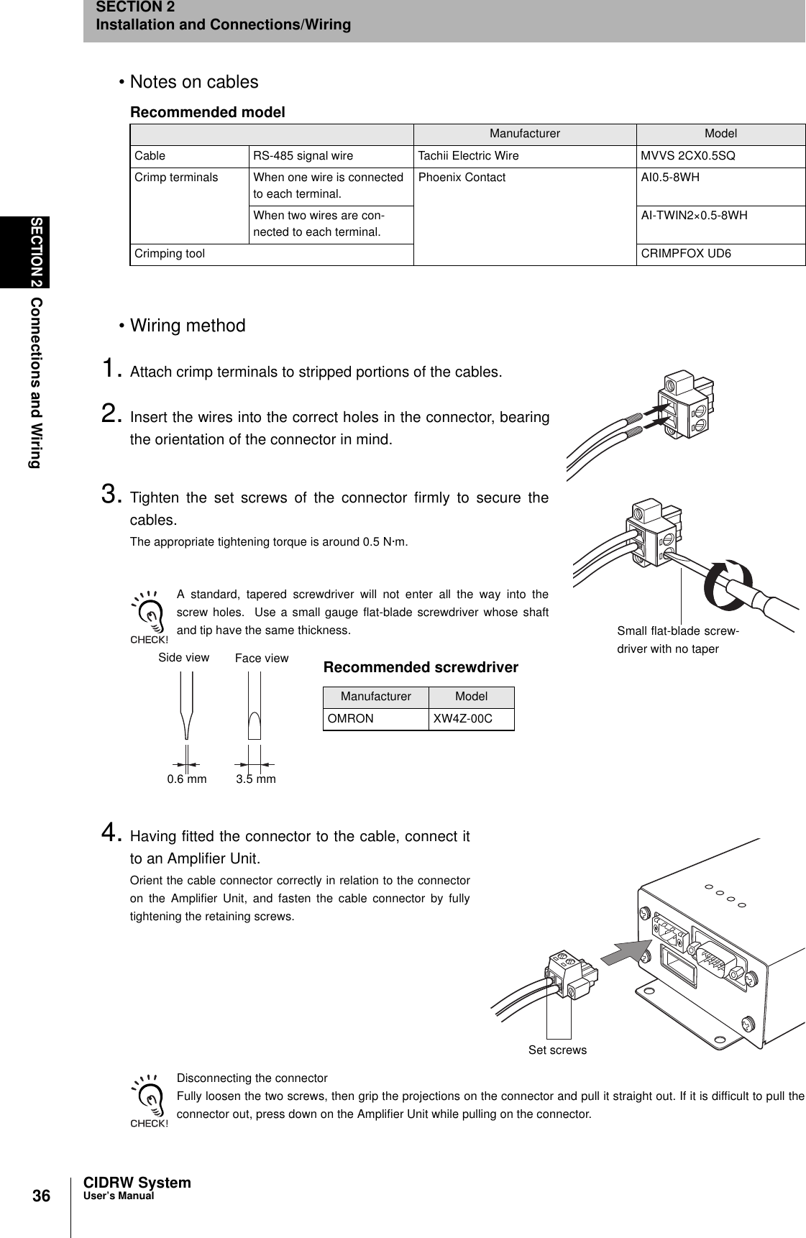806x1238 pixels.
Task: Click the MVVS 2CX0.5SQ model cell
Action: [x=687, y=156]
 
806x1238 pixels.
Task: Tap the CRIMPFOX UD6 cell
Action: [x=686, y=254]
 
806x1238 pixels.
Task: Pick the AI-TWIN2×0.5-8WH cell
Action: [x=694, y=215]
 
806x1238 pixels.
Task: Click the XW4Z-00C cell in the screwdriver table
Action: [x=462, y=719]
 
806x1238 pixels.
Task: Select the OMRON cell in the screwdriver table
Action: [x=351, y=719]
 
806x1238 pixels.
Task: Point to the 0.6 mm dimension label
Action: [x=186, y=779]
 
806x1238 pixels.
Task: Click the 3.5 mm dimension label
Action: [x=256, y=779]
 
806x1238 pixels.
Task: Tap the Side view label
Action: [x=183, y=657]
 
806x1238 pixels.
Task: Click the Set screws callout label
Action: [x=557, y=1050]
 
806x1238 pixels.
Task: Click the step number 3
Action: [x=111, y=495]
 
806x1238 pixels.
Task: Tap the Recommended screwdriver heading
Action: [x=421, y=667]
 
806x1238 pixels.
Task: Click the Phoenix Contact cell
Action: [x=462, y=178]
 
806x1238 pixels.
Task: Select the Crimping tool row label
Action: [x=170, y=254]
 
